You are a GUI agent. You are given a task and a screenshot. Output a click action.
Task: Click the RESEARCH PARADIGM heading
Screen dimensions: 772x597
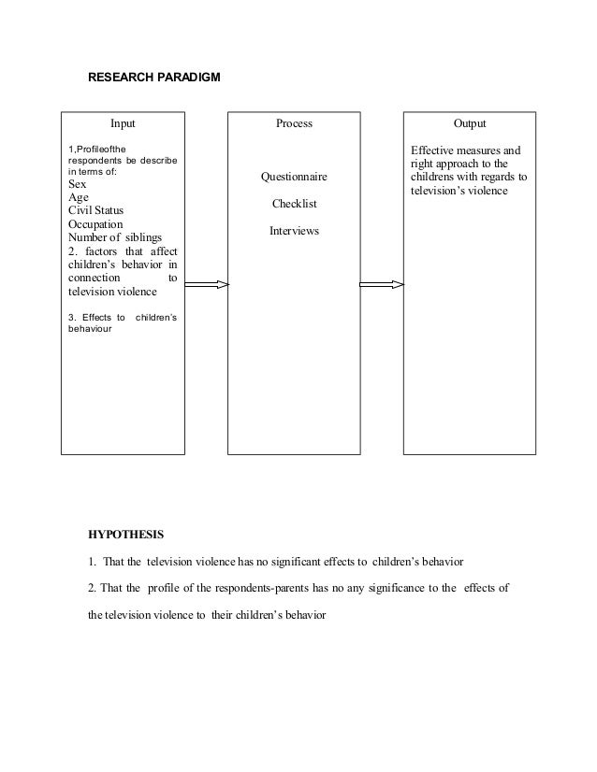154,77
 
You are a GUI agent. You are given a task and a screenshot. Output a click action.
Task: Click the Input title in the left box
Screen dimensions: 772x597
123,123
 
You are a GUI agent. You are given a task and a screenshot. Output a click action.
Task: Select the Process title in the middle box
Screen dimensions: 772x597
294,123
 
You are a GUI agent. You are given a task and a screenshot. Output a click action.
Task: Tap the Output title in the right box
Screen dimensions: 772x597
469,123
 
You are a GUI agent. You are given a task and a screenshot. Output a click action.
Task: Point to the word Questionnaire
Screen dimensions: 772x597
294,178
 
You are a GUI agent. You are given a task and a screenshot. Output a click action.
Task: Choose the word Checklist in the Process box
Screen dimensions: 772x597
294,204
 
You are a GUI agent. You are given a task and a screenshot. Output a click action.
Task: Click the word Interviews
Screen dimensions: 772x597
294,230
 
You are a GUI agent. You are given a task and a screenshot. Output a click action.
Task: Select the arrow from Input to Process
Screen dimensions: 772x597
206,284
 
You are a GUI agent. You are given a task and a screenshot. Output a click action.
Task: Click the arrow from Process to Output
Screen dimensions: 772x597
381,284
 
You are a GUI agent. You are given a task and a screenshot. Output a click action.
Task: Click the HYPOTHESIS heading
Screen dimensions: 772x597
125,536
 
